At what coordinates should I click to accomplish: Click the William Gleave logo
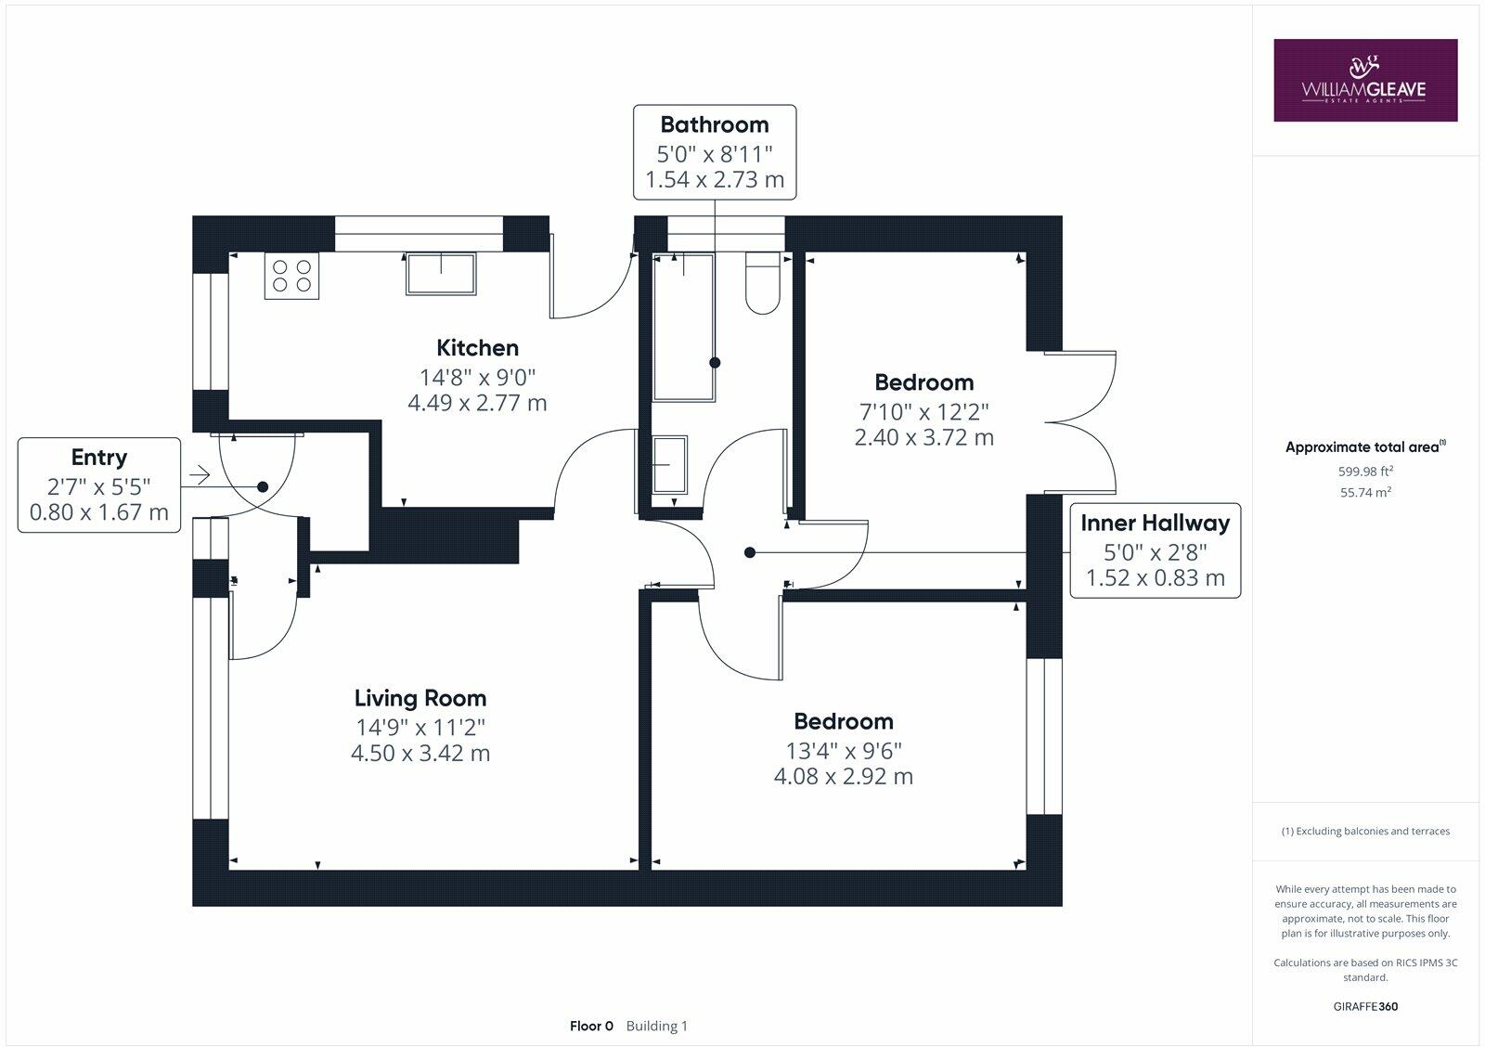coord(1364,80)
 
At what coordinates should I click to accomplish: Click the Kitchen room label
coord(477,348)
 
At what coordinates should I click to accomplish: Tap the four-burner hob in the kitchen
coord(291,276)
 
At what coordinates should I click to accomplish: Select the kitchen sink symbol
coord(441,275)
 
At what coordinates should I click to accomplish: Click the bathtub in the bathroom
coord(684,327)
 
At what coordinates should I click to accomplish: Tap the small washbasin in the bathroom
coord(668,465)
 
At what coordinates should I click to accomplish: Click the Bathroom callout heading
coord(714,124)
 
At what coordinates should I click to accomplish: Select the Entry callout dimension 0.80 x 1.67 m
coord(99,511)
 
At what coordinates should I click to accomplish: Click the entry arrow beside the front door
coord(199,476)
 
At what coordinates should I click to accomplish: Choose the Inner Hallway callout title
coord(1155,523)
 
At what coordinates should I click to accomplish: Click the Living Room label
coord(420,698)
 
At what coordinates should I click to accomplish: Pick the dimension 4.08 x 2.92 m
coord(843,776)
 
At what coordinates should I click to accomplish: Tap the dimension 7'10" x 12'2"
coord(923,410)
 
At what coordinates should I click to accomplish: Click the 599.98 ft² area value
coord(1364,471)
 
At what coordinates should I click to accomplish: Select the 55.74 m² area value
coord(1364,493)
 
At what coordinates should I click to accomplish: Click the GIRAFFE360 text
coord(1364,1006)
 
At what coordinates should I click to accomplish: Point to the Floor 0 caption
coord(591,1026)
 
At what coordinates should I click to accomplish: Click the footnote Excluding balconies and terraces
coord(1364,831)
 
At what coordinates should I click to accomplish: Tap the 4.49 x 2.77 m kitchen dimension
coord(477,403)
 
